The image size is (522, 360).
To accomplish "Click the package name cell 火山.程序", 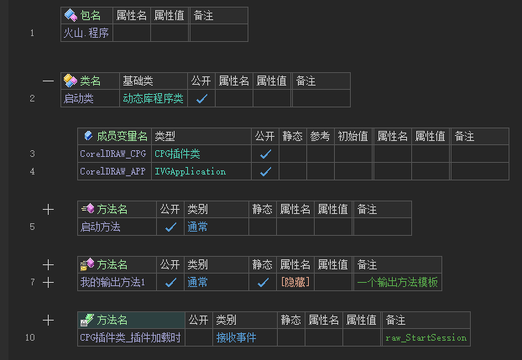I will (x=86, y=33).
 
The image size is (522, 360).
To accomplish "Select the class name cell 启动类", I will (x=78, y=98).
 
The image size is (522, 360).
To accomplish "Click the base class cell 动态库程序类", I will (x=153, y=98).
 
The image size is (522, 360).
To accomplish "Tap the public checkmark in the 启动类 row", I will (x=201, y=98).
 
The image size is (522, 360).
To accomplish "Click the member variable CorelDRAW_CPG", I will (x=112, y=154).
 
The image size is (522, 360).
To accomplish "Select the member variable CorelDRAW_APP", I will (x=112, y=171).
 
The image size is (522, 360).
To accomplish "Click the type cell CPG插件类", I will (x=177, y=154).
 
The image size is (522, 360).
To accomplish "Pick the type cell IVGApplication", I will (x=190, y=171).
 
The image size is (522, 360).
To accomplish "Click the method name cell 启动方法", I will (x=100, y=227).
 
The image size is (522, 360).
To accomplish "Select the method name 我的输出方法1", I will (x=112, y=282).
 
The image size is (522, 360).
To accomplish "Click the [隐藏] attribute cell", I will (x=295, y=282).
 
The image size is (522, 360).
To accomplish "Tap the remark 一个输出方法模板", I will (x=397, y=282).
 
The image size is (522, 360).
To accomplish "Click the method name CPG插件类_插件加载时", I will (x=130, y=337).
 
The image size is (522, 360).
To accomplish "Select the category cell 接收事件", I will (x=236, y=337).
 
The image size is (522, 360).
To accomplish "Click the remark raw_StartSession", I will (x=425, y=337).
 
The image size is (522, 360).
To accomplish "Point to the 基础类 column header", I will (x=138, y=81).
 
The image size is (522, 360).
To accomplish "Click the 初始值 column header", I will (x=352, y=136).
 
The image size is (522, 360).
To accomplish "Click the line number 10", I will (x=30, y=337).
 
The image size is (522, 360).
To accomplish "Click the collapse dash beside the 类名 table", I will (x=48, y=81).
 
